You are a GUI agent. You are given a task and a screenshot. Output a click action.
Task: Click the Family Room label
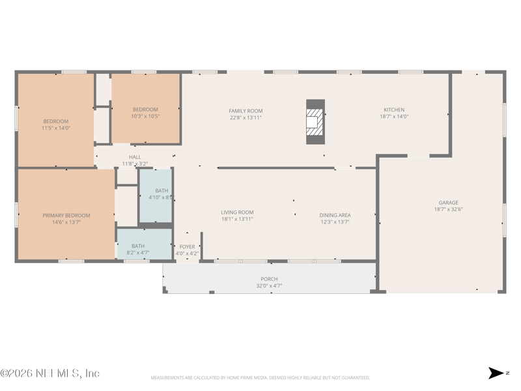pos(246,111)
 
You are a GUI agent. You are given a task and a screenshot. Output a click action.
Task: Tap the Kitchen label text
pos(393,110)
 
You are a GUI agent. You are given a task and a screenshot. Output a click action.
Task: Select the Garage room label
pos(447,203)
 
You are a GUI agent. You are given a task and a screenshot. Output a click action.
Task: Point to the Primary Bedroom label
pos(66,215)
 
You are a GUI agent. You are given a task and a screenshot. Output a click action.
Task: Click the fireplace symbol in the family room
pos(315,122)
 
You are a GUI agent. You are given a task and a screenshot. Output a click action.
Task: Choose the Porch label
pos(269,279)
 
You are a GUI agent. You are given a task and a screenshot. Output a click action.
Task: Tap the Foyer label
pos(187,247)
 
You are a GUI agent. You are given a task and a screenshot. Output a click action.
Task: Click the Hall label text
pos(135,157)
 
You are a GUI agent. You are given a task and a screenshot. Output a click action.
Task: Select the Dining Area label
pos(335,215)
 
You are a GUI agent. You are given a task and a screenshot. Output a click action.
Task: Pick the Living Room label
pos(237,212)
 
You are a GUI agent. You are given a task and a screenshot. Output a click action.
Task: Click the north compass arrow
pos(496,373)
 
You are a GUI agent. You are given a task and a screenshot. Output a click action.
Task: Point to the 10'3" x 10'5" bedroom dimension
pos(145,116)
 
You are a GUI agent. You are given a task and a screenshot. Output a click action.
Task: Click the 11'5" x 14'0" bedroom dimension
pos(56,128)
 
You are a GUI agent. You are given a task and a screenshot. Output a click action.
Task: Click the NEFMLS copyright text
pos(50,373)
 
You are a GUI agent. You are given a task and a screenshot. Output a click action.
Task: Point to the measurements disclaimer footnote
pos(260,378)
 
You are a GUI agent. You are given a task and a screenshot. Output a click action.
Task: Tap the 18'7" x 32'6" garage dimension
pos(447,210)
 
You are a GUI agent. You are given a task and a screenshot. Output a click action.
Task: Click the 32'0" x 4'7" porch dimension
pos(269,285)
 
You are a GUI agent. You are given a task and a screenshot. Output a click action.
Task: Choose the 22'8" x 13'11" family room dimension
pos(246,117)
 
